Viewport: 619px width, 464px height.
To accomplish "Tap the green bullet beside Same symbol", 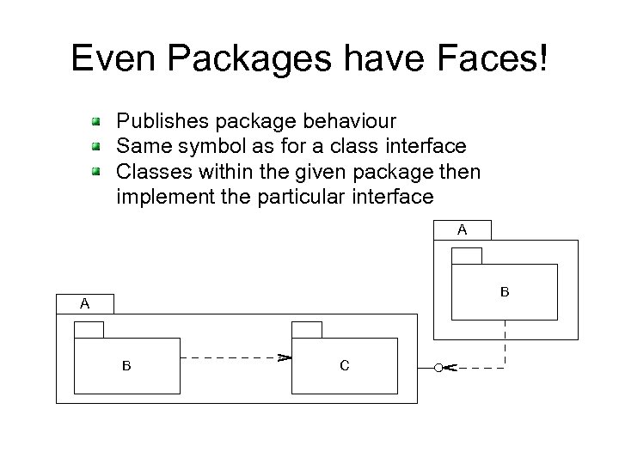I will click(100, 147).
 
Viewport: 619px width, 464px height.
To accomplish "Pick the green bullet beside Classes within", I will click(100, 171).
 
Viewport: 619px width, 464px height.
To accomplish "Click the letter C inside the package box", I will click(344, 366).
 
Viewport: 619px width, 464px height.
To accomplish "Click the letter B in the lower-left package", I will click(126, 366).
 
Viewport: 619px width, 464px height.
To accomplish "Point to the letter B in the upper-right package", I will click(505, 292).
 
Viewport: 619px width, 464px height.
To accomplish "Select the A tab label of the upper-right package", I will click(462, 229).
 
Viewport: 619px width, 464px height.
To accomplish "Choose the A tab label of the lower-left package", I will click(84, 303).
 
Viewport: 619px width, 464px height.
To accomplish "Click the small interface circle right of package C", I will click(439, 368).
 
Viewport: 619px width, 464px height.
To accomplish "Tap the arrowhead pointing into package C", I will click(283, 357).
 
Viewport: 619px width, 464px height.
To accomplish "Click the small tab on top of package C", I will click(307, 329).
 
